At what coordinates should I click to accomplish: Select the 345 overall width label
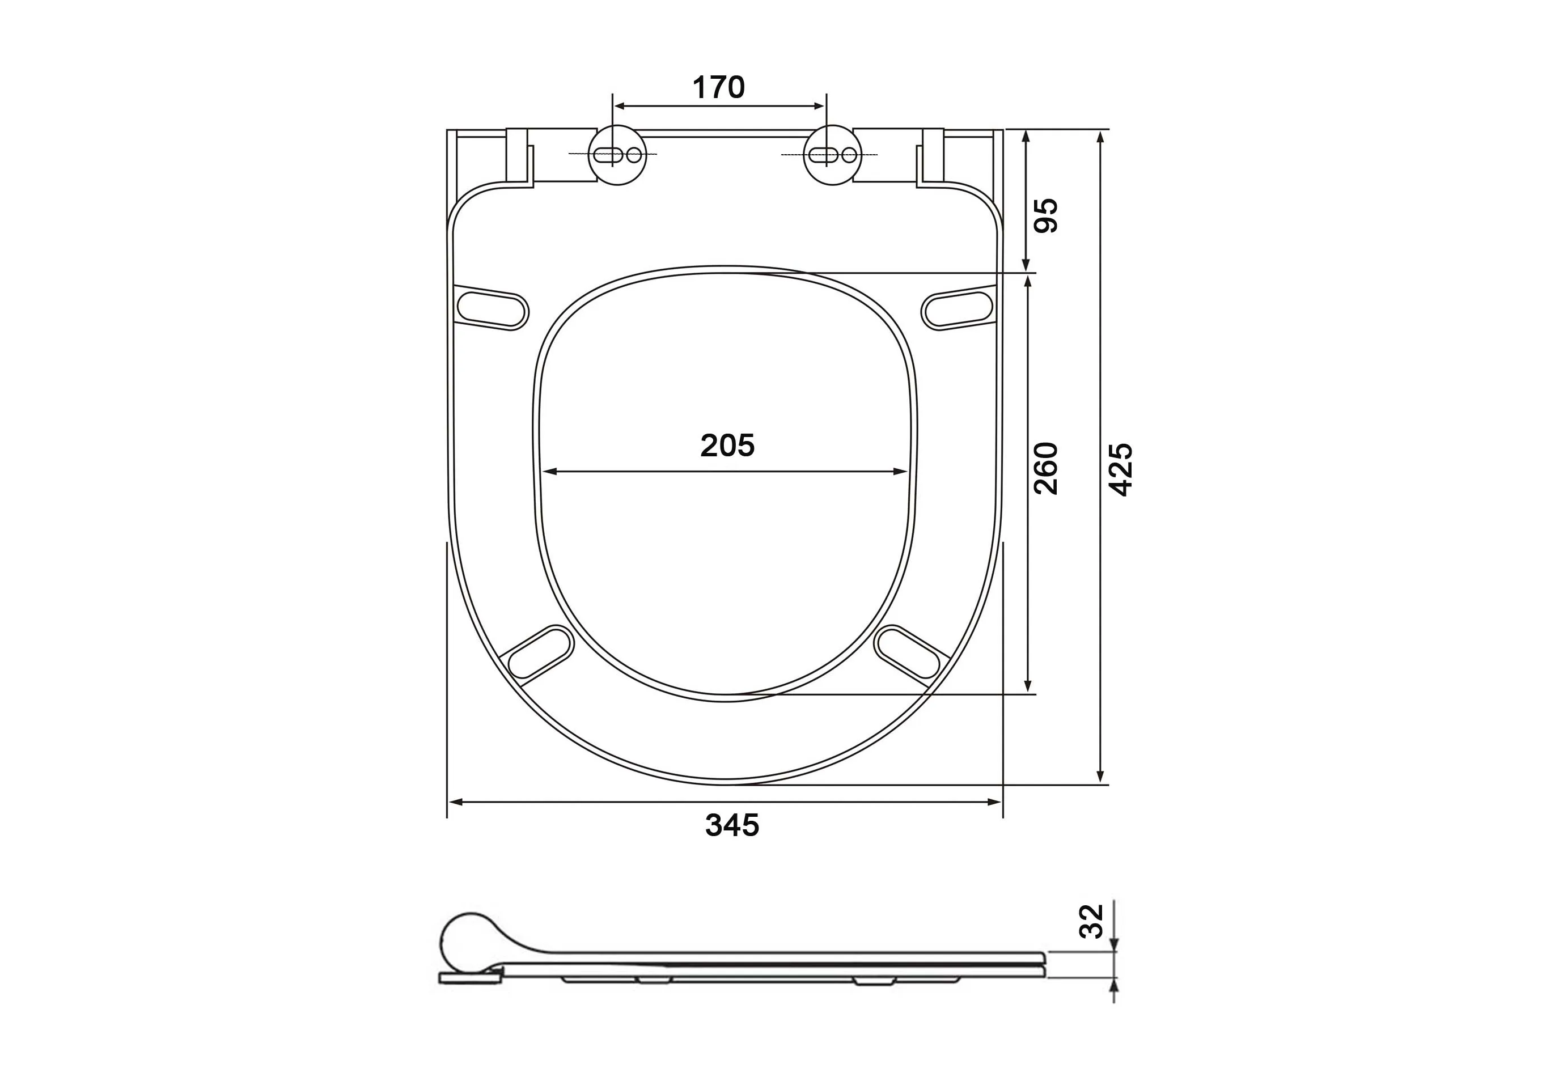(x=732, y=825)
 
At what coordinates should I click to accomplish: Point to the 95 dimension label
(x=1046, y=215)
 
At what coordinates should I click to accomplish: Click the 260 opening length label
(x=1046, y=469)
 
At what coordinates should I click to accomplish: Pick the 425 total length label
(x=1120, y=469)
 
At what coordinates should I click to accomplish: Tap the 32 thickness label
(x=1091, y=921)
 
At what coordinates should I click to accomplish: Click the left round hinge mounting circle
(x=617, y=155)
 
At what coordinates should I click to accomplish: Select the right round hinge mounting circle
(x=833, y=155)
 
